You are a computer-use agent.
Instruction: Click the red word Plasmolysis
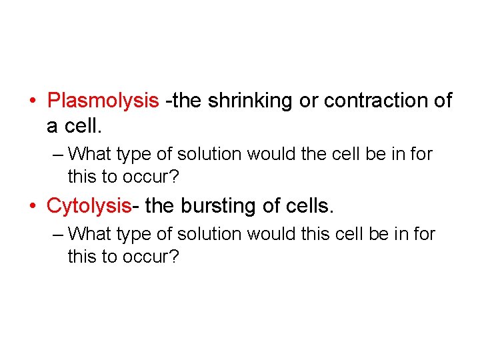[103, 101]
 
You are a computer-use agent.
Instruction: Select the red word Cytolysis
[89, 205]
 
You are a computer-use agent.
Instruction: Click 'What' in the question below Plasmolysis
[91, 154]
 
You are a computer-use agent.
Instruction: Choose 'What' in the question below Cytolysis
[91, 234]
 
